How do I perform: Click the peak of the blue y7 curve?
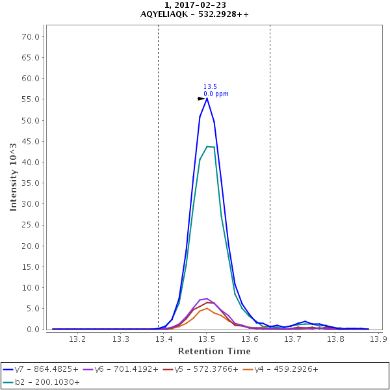point(207,98)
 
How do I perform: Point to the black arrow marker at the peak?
point(201,99)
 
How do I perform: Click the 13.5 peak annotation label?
point(210,86)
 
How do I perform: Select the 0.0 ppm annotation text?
point(216,94)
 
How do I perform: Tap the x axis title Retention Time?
point(214,351)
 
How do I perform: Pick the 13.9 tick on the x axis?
point(378,339)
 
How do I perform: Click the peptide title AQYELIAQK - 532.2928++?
point(194,14)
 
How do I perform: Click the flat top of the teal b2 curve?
point(211,146)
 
